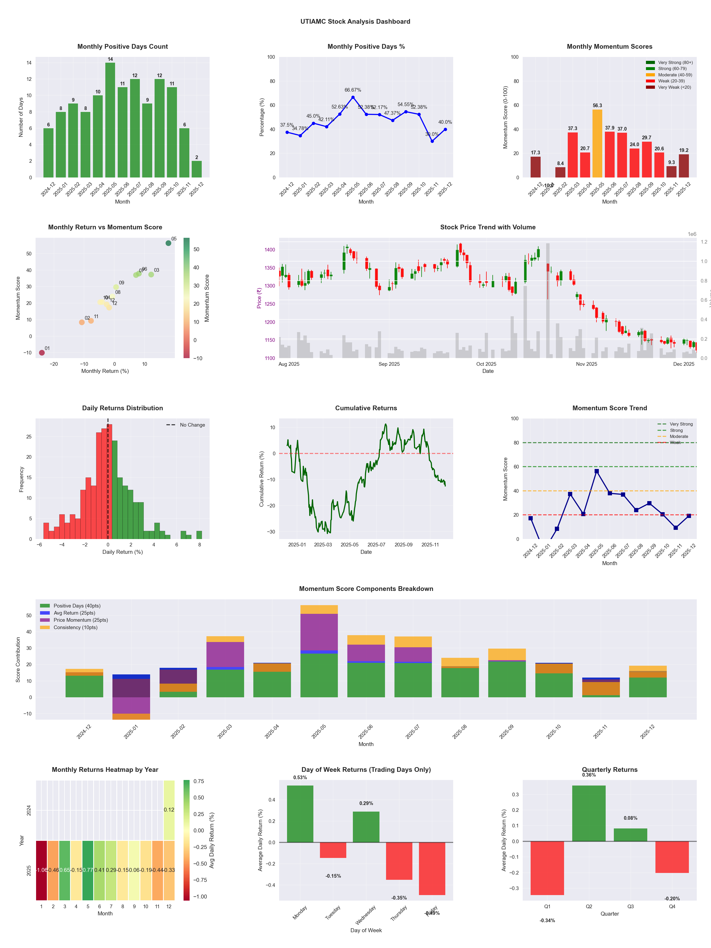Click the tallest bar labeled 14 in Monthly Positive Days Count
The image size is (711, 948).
click(110, 120)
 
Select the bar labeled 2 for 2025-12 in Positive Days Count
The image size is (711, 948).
click(197, 169)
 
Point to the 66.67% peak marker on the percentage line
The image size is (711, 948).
click(353, 97)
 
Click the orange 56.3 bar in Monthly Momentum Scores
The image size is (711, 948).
click(597, 144)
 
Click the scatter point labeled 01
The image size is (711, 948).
click(42, 353)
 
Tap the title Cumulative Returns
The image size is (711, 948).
click(366, 408)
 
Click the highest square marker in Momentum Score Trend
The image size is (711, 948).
click(596, 471)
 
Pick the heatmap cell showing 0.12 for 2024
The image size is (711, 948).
click(169, 809)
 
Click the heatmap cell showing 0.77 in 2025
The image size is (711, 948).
click(88, 870)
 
